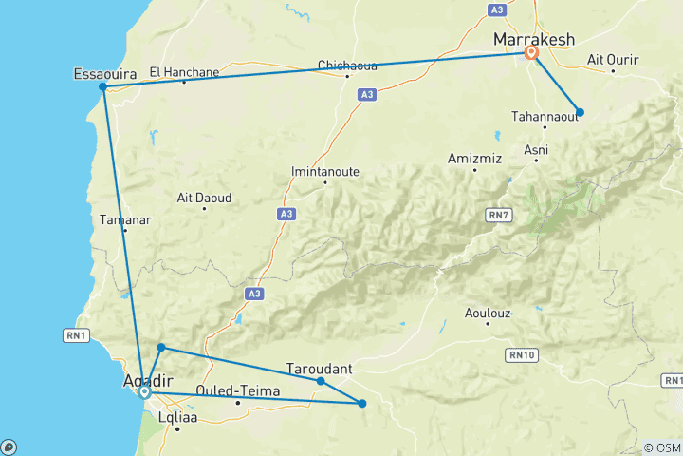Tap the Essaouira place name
pos(102,72)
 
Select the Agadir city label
pos(144,381)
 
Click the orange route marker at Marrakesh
pos(532,54)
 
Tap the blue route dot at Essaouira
pos(102,87)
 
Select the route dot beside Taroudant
pos(321,381)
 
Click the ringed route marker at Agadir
pos(144,391)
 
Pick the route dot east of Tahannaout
pos(580,112)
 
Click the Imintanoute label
pos(324,172)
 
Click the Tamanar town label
pos(124,219)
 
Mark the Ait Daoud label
pos(204,198)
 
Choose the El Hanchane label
pos(184,70)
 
